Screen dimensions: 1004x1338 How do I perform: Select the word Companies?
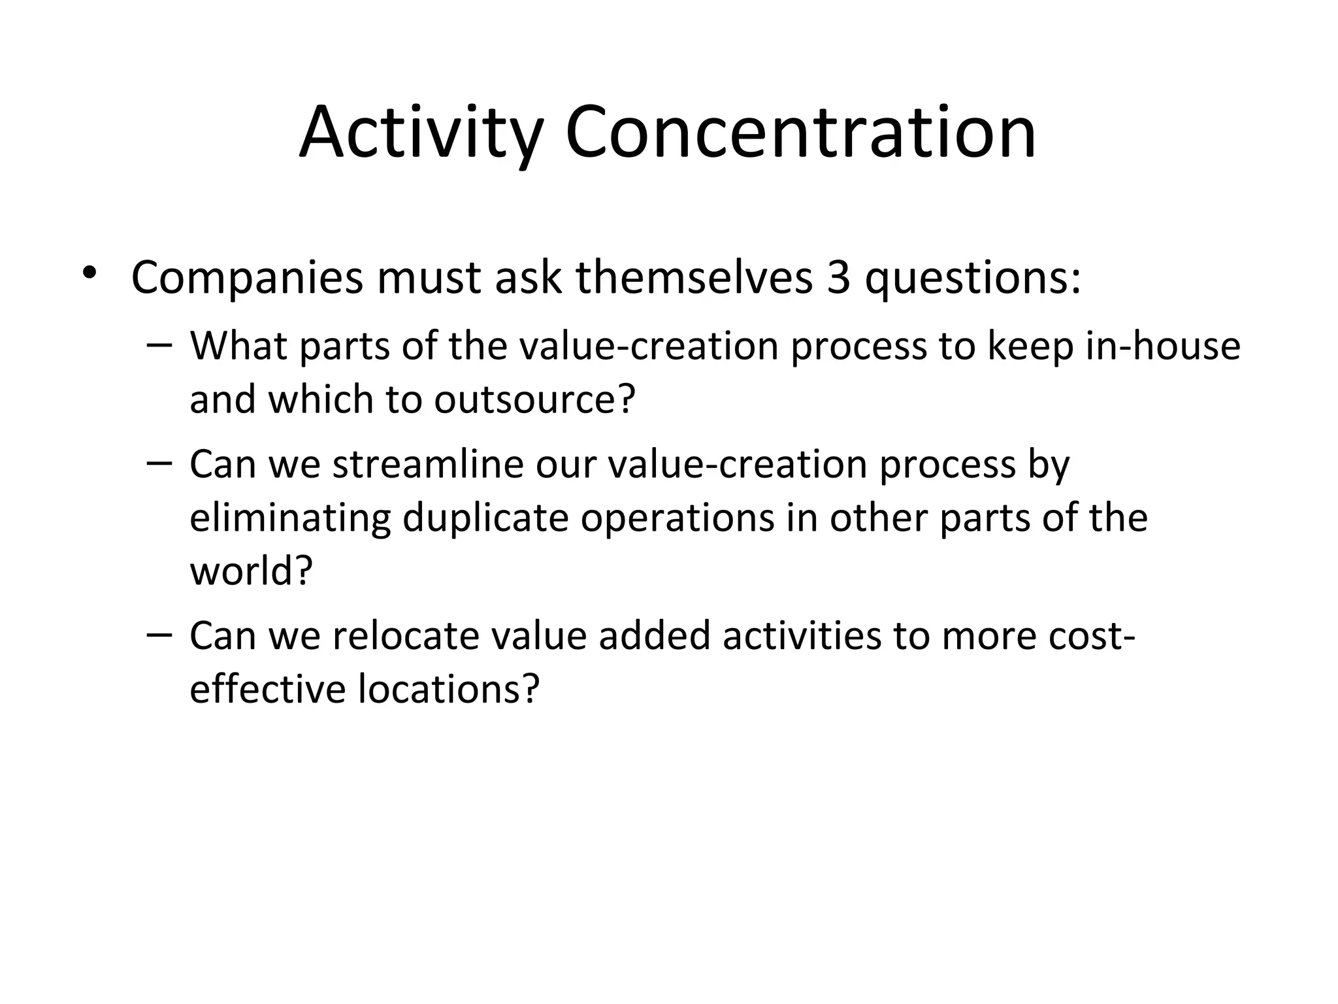tap(246, 278)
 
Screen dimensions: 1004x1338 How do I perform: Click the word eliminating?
tap(290, 518)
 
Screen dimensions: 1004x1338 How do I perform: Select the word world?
tap(252, 571)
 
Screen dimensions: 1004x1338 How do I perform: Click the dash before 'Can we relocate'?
tap(159, 635)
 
